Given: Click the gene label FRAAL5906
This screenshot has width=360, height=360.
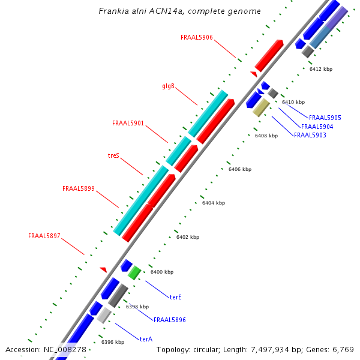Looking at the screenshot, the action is click(x=196, y=37).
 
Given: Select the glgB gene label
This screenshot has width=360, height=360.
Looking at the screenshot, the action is click(x=168, y=86).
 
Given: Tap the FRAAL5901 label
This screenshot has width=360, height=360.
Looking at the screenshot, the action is click(x=128, y=123).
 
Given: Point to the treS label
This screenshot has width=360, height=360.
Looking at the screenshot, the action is click(x=113, y=155).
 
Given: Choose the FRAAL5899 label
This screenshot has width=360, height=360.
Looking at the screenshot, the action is click(x=79, y=188).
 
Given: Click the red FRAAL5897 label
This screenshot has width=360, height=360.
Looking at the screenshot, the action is click(x=44, y=236).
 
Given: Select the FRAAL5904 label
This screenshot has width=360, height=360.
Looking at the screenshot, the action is click(x=317, y=127).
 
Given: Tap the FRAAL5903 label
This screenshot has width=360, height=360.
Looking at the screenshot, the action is click(x=310, y=136).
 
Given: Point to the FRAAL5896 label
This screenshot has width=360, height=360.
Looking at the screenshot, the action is click(x=169, y=320).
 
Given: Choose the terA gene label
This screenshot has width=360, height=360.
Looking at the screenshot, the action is click(x=146, y=339).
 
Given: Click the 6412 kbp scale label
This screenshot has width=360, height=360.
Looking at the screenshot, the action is click(x=320, y=69).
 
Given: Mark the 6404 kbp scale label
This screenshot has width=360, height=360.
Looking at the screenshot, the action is click(x=213, y=203).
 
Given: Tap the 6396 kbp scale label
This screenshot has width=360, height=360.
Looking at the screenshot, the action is click(x=113, y=342).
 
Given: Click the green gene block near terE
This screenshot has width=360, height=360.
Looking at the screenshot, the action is click(x=134, y=272).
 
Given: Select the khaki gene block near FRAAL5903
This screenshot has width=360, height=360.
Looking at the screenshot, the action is click(x=261, y=107).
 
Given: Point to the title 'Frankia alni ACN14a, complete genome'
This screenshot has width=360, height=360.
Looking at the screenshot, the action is click(x=179, y=11).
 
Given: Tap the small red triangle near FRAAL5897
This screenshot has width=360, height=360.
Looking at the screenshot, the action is click(x=103, y=269).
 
